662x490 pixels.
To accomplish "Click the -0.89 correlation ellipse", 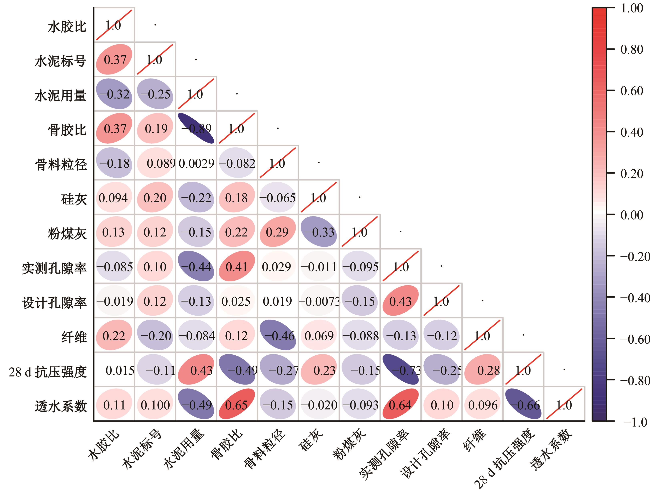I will (x=196, y=128).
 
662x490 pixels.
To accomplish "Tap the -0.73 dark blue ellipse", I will (x=401, y=370).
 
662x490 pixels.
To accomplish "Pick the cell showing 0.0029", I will (x=196, y=163).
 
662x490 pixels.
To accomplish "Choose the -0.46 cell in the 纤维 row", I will (x=278, y=335).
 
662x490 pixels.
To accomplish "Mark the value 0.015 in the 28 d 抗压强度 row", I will (x=120, y=370).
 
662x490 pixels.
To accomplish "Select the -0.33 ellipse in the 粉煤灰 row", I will (x=319, y=232).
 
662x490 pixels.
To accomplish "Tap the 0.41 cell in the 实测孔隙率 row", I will (x=237, y=266).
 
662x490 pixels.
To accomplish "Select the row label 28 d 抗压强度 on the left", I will (x=47, y=372).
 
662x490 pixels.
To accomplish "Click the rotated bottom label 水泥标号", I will (x=142, y=449).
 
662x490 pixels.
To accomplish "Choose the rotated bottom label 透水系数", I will (x=551, y=449).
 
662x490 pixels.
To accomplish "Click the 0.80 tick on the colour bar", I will (x=631, y=49).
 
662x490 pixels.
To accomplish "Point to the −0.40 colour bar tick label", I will (x=635, y=298).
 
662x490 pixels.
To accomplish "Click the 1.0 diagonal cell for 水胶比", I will (x=114, y=25).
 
